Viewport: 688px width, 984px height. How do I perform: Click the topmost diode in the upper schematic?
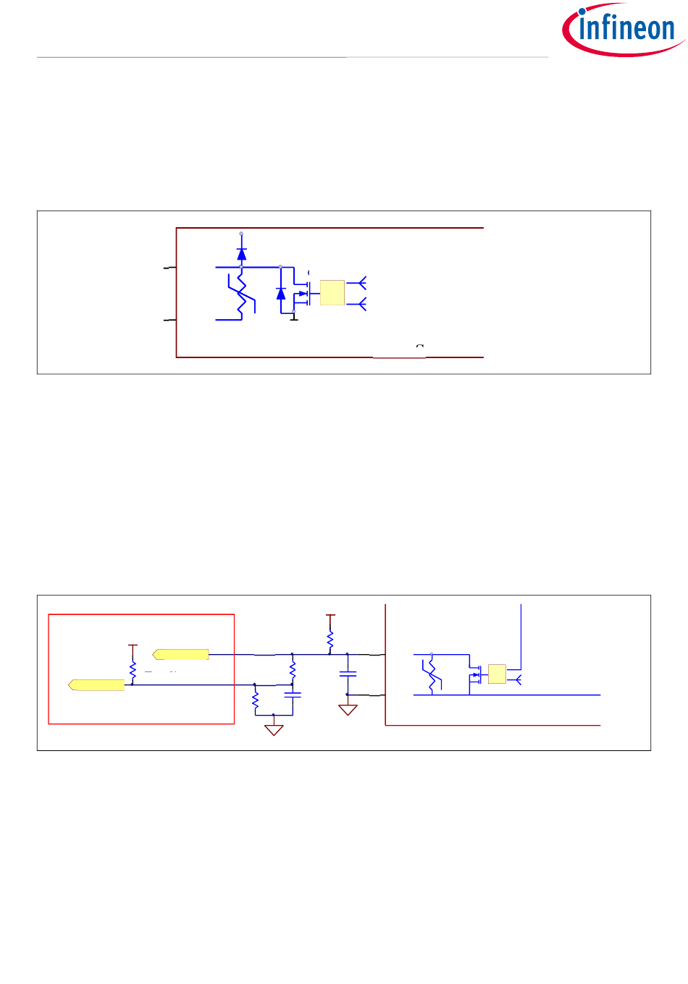pos(242,253)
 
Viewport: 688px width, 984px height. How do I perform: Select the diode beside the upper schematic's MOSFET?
pos(281,293)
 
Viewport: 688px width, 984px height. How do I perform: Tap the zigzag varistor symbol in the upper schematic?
pos(242,294)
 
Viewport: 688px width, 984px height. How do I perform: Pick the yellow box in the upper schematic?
pos(332,292)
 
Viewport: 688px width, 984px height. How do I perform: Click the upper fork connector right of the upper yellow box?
pos(360,282)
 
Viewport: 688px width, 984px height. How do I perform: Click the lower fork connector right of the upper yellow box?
pos(360,304)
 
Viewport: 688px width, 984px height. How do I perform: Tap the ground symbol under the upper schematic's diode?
pos(294,318)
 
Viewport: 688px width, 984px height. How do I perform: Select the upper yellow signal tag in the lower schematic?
pos(181,655)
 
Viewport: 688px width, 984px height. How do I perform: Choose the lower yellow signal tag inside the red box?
pos(96,685)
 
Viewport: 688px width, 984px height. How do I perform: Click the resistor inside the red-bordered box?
pos(133,670)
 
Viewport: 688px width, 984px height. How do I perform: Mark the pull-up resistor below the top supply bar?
pos(330,640)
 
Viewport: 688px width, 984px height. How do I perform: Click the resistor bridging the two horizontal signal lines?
pos(293,669)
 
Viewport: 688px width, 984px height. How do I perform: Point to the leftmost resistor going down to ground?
pos(255,700)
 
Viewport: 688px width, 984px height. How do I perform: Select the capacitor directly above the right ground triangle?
pos(348,674)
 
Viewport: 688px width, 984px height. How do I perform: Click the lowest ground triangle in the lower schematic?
pos(274,729)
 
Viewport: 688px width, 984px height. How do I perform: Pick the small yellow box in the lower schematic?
pos(497,674)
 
